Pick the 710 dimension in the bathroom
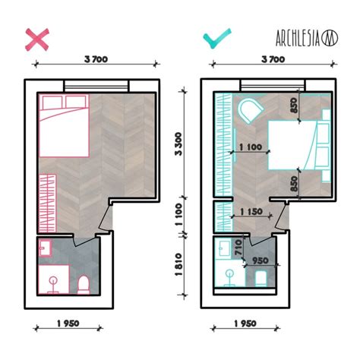click(x=237, y=246)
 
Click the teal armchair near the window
click(x=248, y=113)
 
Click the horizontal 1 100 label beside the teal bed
click(x=251, y=147)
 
